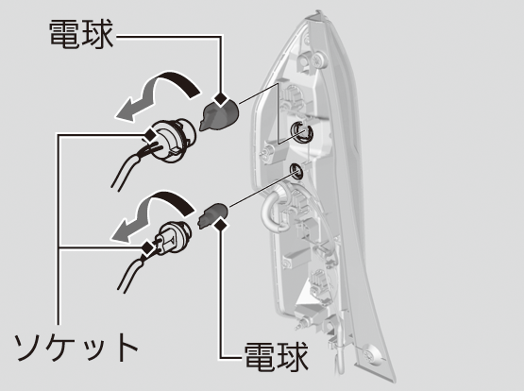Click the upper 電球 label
pos(81,34)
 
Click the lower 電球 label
pos(277,356)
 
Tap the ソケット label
pos(76,347)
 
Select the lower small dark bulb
pos(213,215)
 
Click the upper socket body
pos(173,141)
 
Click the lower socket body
pos(172,238)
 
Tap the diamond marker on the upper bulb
pos(221,99)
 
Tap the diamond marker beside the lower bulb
pos(221,224)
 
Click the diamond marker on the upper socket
pos(149,135)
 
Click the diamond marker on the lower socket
pos(147,247)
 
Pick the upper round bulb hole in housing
pos(301,132)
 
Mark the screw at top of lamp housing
pos(317,60)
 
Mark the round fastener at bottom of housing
pos(372,355)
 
